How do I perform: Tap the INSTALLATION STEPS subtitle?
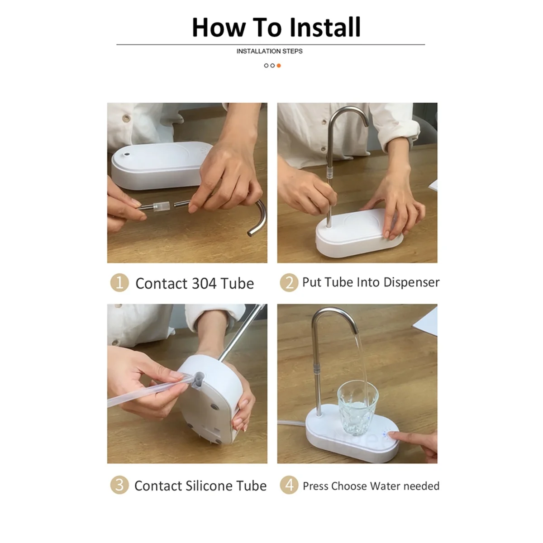(269, 51)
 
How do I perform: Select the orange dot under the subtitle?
(279, 66)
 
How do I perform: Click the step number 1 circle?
(119, 283)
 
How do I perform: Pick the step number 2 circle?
(289, 282)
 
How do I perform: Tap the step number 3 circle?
(119, 485)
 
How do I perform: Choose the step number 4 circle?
(289, 485)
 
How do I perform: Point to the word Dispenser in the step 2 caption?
(411, 282)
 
